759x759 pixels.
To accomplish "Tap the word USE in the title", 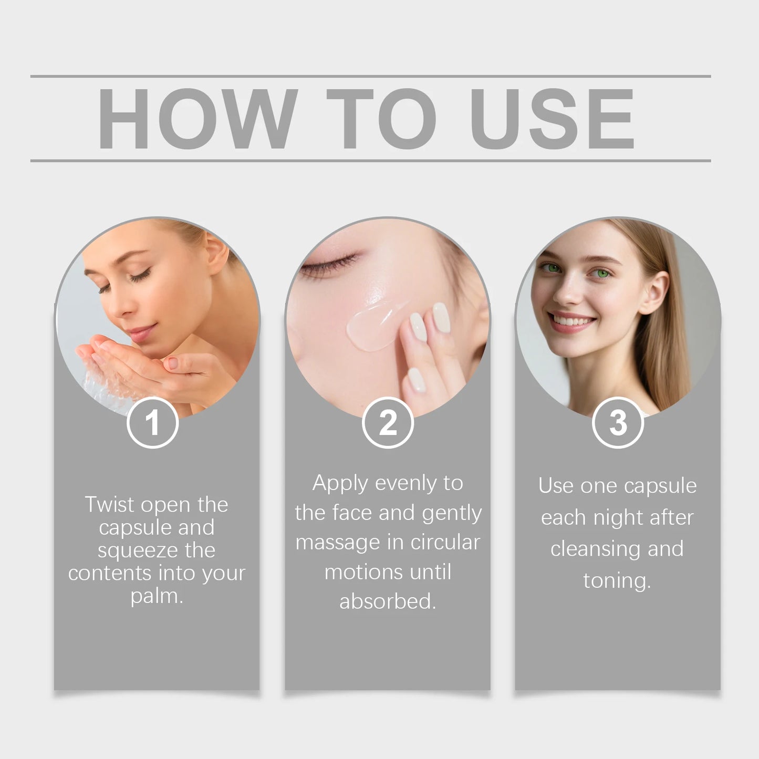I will pyautogui.click(x=553, y=119).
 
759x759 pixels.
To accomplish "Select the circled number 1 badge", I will pyautogui.click(x=153, y=423).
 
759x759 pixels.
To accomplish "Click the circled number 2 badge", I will pyautogui.click(x=388, y=423).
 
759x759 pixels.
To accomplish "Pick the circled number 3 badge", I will pyautogui.click(x=618, y=423).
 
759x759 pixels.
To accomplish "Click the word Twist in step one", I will pyautogui.click(x=109, y=505).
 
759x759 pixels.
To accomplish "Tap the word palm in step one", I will pyautogui.click(x=156, y=597).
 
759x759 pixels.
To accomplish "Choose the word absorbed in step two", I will pyautogui.click(x=387, y=601).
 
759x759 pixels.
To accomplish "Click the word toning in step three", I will pyautogui.click(x=617, y=581).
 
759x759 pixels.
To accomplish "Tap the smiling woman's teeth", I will pyautogui.click(x=571, y=320).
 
